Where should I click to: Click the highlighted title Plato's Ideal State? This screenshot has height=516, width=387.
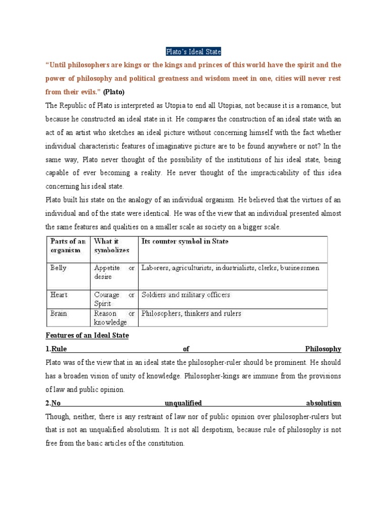(x=193, y=52)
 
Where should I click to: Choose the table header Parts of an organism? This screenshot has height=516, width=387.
(x=68, y=245)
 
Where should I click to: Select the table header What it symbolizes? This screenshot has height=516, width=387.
(x=112, y=245)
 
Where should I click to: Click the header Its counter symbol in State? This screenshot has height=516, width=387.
(x=184, y=241)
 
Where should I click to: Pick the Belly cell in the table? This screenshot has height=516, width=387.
(x=58, y=268)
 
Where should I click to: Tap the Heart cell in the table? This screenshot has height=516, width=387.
(x=59, y=294)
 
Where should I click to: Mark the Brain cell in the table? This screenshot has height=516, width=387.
(x=58, y=313)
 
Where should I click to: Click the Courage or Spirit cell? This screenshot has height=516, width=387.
(x=114, y=298)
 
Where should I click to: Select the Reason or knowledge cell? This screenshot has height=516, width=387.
(x=114, y=317)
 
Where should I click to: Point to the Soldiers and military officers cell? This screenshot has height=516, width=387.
(x=186, y=294)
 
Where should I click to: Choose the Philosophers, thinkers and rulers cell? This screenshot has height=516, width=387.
(x=191, y=313)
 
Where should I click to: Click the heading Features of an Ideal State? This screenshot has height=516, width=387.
(x=87, y=336)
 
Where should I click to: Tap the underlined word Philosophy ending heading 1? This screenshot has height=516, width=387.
(x=323, y=349)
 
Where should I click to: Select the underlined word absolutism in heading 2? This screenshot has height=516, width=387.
(x=324, y=403)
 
